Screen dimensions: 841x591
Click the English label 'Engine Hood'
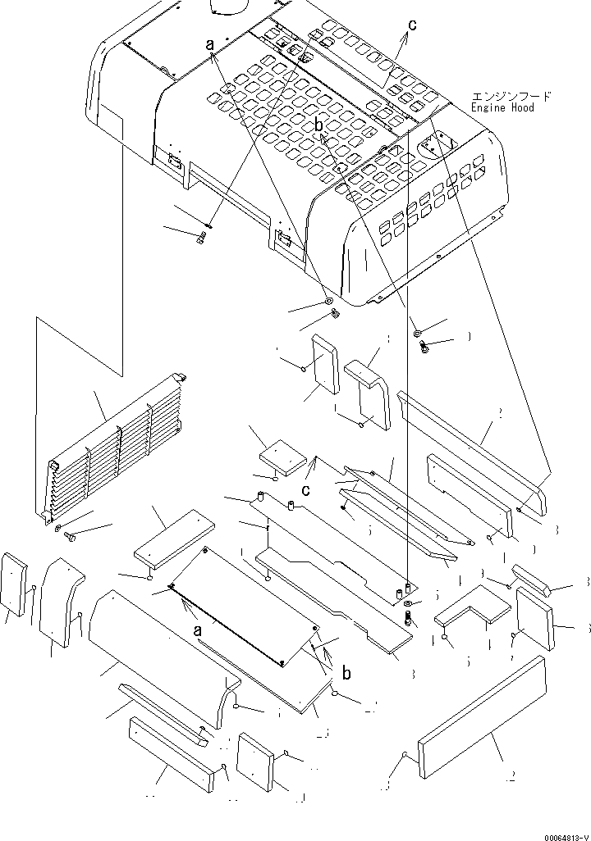pos(502,107)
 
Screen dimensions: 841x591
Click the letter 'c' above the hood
pos(411,25)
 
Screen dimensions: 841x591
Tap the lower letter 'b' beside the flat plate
pos(346,673)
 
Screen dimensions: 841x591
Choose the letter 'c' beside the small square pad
pos(305,491)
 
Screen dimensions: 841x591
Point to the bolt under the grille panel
pos(70,538)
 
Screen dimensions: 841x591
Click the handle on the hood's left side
pos(175,161)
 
